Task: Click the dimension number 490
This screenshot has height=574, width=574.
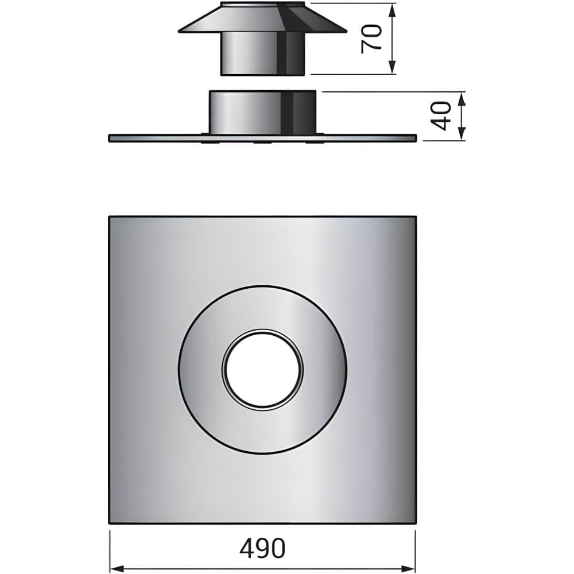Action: click(x=262, y=548)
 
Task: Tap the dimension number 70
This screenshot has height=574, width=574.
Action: click(x=371, y=39)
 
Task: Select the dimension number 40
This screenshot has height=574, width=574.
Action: click(x=440, y=116)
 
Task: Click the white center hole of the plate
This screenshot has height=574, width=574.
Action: click(x=263, y=369)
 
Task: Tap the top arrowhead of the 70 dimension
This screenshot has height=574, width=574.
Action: click(x=392, y=11)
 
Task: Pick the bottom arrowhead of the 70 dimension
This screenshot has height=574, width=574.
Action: click(x=392, y=67)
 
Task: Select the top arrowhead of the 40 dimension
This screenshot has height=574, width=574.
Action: click(x=461, y=99)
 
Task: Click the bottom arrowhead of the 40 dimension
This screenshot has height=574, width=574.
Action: click(x=461, y=133)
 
